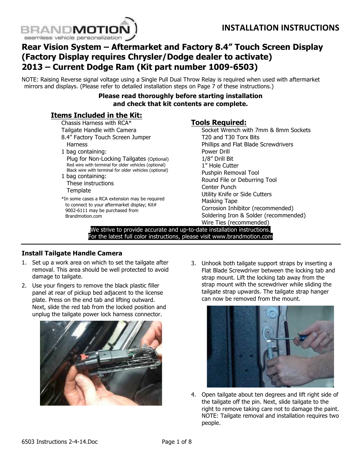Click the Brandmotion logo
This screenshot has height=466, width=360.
(78, 30)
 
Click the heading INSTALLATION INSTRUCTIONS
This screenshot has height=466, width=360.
(280, 28)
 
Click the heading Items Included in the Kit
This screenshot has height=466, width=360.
(96, 115)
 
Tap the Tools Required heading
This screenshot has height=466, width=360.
(218, 122)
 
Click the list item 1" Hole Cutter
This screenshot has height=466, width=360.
(220, 166)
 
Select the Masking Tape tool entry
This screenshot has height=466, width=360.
(219, 201)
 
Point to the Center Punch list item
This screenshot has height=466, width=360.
(218, 187)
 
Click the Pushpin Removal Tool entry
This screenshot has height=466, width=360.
(230, 173)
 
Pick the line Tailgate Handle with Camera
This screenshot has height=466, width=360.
(98, 130)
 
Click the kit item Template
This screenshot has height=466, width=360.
(78, 191)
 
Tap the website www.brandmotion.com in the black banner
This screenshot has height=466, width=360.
(242, 237)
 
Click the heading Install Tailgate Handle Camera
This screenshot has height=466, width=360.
(72, 253)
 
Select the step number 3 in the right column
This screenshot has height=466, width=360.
(193, 263)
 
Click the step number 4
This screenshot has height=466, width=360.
(193, 395)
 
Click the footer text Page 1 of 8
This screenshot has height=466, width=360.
(177, 442)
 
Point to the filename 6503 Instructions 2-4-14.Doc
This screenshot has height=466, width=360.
(60, 442)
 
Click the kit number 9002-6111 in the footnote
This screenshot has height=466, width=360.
(77, 211)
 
